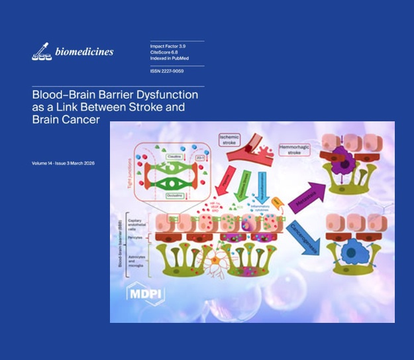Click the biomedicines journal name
[x=83, y=52]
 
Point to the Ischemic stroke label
[x=232, y=141]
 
